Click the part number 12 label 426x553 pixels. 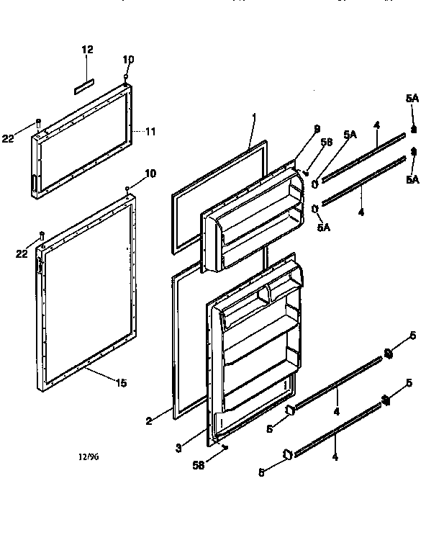point(88,50)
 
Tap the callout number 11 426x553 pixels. point(150,131)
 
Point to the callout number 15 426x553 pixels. point(121,383)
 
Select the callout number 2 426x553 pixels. point(148,421)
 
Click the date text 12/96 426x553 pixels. point(89,456)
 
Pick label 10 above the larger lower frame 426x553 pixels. point(150,174)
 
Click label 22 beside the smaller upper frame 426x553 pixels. point(8,139)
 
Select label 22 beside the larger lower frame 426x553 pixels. point(23,253)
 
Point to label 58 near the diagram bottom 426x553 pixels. point(199,466)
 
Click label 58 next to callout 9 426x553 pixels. point(327,143)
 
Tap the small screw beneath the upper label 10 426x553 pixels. point(127,78)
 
